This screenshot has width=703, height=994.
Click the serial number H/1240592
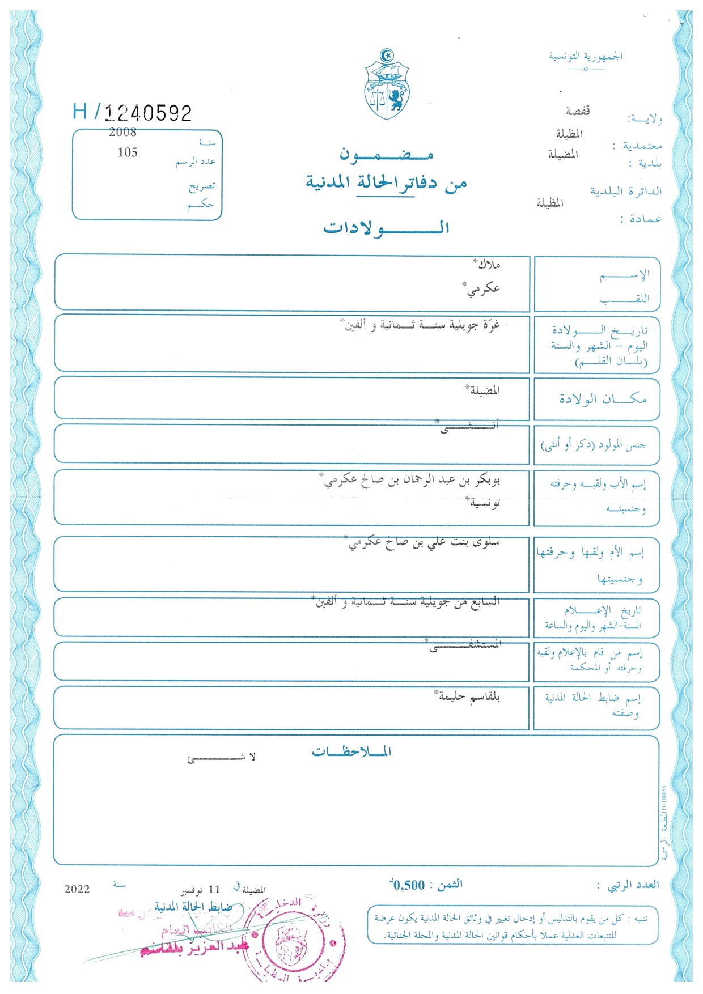(x=132, y=112)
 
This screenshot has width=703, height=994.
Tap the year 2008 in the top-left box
(x=122, y=132)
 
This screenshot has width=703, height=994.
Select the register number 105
(x=128, y=152)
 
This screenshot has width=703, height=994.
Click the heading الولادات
(x=386, y=228)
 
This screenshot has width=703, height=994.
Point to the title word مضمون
(x=386, y=154)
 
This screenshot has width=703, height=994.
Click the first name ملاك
(x=488, y=265)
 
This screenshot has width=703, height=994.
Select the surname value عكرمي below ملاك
(x=483, y=289)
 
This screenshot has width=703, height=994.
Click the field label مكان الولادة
(x=602, y=399)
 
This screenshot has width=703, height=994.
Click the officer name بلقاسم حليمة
(x=469, y=696)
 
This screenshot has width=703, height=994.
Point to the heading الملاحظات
(x=351, y=752)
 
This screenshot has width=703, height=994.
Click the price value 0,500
(x=408, y=885)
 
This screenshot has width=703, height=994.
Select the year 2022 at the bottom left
(x=77, y=889)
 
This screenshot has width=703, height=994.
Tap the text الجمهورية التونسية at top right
(x=585, y=56)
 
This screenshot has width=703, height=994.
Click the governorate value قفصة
(x=577, y=111)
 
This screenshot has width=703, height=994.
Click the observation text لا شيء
(x=222, y=757)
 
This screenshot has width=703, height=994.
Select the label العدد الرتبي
(x=633, y=885)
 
